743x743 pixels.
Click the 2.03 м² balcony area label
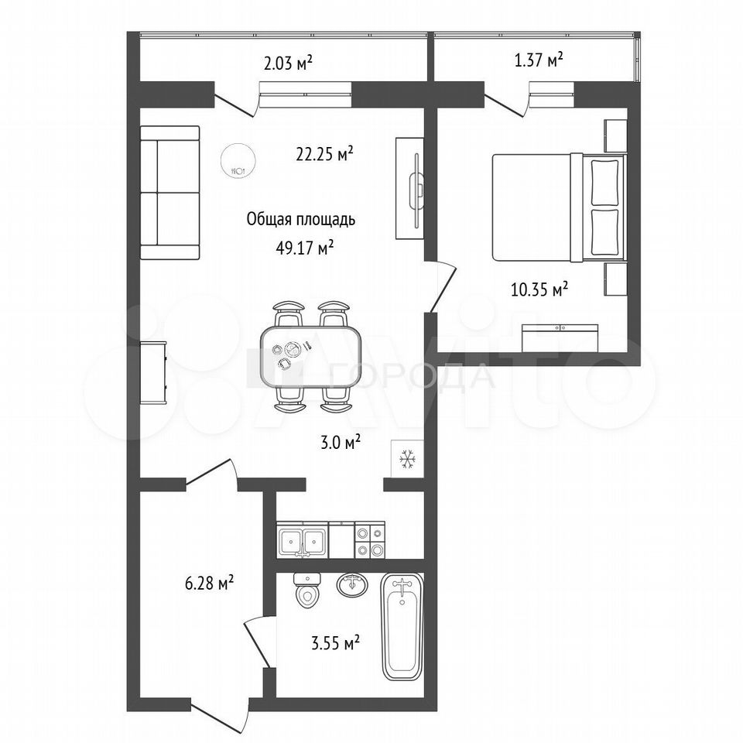click(x=288, y=63)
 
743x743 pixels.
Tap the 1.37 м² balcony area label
click(x=539, y=60)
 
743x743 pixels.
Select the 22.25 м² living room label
click(x=324, y=153)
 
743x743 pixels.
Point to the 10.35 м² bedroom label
click(x=539, y=289)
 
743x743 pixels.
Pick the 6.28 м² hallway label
click(x=210, y=582)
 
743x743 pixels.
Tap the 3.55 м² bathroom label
click(x=335, y=643)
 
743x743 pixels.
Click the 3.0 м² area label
click(x=340, y=443)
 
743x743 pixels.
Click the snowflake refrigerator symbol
click(x=406, y=459)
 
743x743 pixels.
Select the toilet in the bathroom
click(x=307, y=590)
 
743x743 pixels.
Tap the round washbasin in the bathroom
click(x=352, y=584)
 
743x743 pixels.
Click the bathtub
click(x=402, y=627)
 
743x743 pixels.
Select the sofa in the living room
click(x=169, y=193)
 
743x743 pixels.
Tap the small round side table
click(x=238, y=160)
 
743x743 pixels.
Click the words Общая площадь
click(x=301, y=220)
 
